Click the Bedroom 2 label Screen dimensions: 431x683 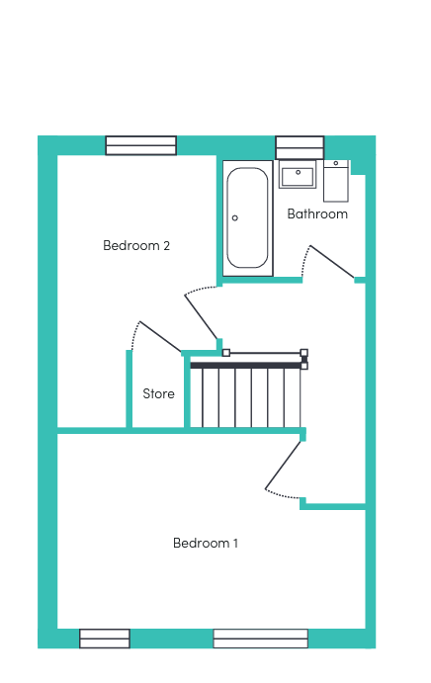136,246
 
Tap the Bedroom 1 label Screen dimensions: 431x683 206,544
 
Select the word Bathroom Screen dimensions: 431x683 317,213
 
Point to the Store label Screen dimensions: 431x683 158,393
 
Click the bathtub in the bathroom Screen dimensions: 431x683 247,218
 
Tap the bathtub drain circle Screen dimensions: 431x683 235,217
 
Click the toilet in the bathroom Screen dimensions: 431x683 336,181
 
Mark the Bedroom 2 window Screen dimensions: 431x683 141,145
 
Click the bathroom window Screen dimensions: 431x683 300,147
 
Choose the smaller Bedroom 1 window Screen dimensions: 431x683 105,639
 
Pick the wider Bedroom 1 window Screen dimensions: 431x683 261,639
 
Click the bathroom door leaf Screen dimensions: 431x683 332,262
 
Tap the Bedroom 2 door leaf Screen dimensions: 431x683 201,316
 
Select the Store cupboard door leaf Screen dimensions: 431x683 160,336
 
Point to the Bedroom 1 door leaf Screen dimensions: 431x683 283,466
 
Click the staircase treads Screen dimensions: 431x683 245,397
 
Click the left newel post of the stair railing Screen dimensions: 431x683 226,353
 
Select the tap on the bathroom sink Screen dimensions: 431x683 299,173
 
